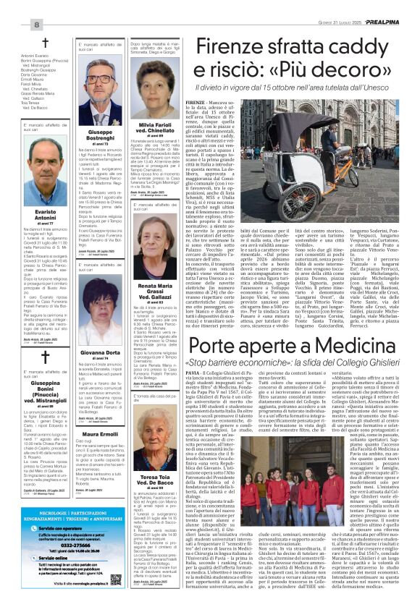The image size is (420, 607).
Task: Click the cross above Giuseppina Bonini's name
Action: point(45,355)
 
